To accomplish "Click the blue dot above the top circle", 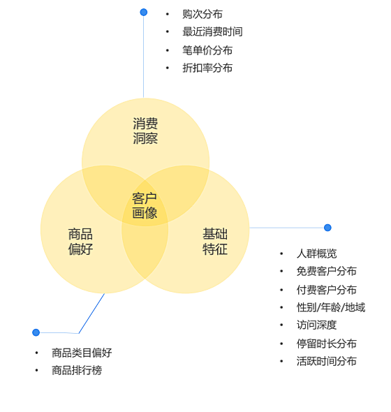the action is coord(143,12).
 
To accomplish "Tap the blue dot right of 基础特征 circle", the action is coord(327,228).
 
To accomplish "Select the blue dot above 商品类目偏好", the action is coord(36,332).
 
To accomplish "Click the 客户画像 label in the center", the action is coord(145,205).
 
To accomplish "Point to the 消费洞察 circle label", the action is coord(145,131).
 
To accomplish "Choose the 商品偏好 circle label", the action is coord(80,242).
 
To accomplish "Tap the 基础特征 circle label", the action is coord(215,242).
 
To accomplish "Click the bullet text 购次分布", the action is coord(202,14).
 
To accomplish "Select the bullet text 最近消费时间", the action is coord(212,32).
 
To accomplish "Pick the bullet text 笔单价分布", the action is coord(207,50).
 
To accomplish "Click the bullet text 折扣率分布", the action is coord(207,68).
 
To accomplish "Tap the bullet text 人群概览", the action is coord(316,253).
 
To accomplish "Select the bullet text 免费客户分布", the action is coord(327,272).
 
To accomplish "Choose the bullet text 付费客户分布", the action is coord(327,290).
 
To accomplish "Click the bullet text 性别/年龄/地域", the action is coord(331,307).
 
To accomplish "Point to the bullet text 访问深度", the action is coord(316,325).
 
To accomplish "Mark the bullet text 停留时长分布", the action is coord(327,344).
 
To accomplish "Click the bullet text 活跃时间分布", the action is coord(327,361).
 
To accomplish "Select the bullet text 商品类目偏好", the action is coord(82,353).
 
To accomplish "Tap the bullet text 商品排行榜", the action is coord(77,371).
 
